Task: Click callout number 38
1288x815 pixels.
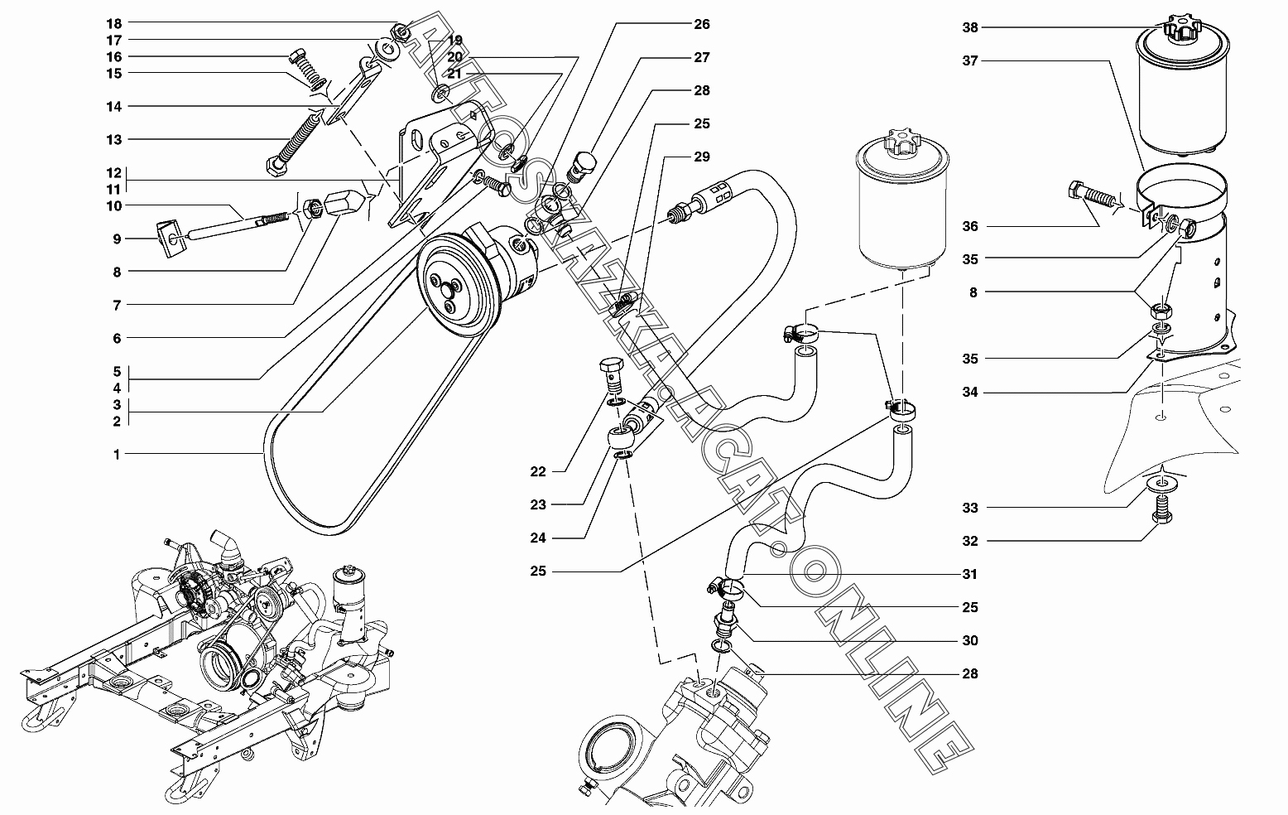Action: click(x=970, y=27)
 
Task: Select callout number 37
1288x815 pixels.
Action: click(x=970, y=60)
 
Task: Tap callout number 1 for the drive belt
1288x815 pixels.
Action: click(x=117, y=454)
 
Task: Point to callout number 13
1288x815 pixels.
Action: click(x=113, y=139)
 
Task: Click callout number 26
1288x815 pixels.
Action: click(x=702, y=24)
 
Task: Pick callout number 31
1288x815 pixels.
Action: click(x=970, y=574)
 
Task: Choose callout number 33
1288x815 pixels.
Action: click(x=970, y=508)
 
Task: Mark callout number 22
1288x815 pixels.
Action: click(x=538, y=471)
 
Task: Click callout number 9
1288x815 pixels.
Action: click(x=117, y=239)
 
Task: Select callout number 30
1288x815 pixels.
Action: click(x=970, y=640)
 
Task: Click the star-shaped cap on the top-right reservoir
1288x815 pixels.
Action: click(x=1183, y=30)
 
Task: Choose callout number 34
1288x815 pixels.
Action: click(x=970, y=392)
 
